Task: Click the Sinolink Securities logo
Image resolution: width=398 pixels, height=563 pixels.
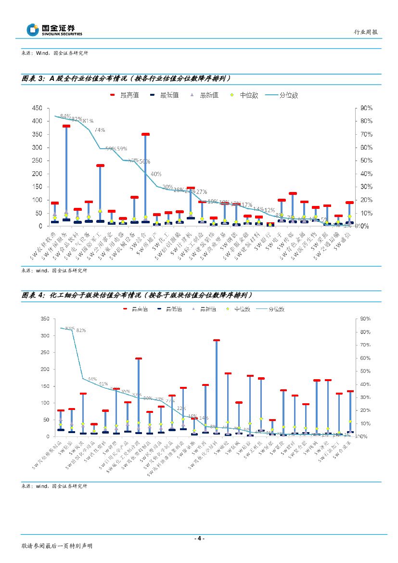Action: coord(54,30)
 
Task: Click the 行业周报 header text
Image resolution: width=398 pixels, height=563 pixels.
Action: coord(366,32)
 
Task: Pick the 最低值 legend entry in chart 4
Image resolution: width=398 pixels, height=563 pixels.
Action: coord(172,308)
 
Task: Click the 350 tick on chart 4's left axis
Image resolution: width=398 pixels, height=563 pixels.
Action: coord(45,319)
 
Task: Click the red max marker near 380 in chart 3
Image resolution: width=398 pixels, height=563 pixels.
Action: coord(66,126)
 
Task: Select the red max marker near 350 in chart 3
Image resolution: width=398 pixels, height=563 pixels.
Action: coord(145,134)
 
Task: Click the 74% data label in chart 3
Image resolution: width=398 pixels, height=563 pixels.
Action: coord(100,130)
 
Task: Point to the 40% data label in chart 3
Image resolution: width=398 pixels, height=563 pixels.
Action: coord(156,174)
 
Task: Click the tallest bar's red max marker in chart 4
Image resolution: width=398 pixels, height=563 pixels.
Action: coord(217,340)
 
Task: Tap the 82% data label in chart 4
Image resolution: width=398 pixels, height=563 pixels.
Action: coord(81,330)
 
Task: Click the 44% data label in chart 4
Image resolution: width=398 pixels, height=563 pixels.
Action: coord(92,379)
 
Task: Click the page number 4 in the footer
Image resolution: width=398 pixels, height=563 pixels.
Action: coord(199,538)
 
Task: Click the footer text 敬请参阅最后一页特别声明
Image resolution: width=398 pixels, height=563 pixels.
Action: coord(57,546)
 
